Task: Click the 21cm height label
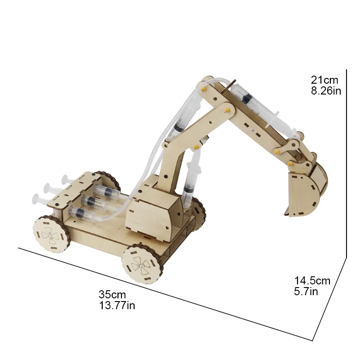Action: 324,80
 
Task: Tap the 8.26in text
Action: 326,91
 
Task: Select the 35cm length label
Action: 112,295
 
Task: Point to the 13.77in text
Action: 117,306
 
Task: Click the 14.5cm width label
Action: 312,280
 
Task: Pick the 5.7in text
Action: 306,292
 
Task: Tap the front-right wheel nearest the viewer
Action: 143,263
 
